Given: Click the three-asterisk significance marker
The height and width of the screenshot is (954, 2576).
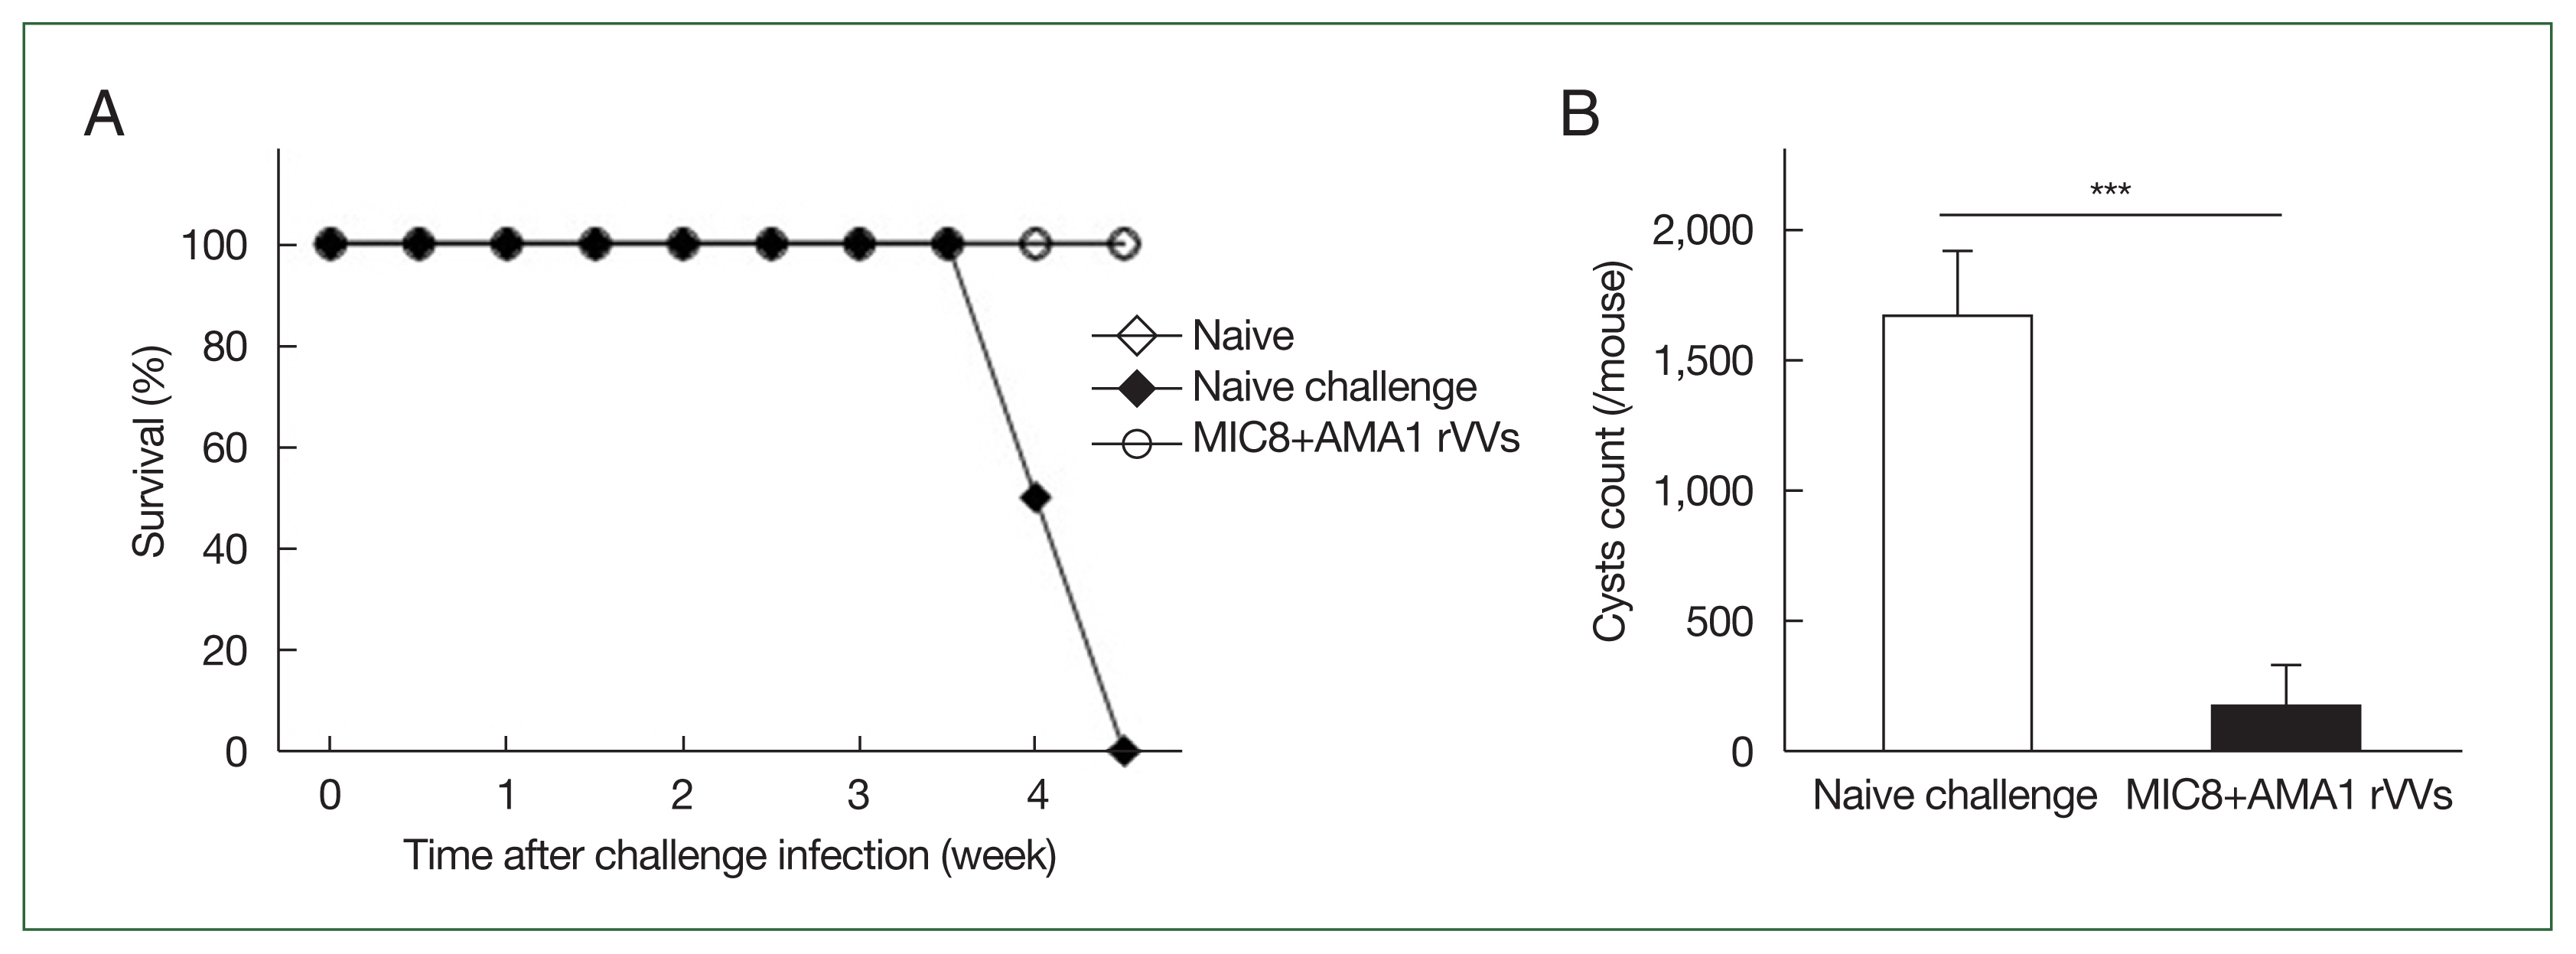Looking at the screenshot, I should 2110,190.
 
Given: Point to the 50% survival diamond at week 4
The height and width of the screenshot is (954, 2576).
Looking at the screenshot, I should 1037,497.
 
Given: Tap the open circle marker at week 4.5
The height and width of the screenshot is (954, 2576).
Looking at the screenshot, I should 1124,243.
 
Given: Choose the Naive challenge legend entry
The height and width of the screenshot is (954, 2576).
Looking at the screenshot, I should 1334,387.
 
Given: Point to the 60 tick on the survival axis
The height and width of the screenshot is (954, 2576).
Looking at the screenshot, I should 225,448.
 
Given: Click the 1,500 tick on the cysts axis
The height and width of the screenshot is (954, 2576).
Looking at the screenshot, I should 1703,361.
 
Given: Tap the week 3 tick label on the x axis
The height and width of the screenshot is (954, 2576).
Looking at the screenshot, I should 858,795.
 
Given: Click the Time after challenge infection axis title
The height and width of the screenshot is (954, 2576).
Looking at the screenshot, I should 729,856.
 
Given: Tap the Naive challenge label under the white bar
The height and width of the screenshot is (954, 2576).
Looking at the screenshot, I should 1954,796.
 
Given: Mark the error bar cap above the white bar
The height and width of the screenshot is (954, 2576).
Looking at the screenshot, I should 1957,251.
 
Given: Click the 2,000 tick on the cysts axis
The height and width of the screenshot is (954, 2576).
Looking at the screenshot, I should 1703,231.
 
